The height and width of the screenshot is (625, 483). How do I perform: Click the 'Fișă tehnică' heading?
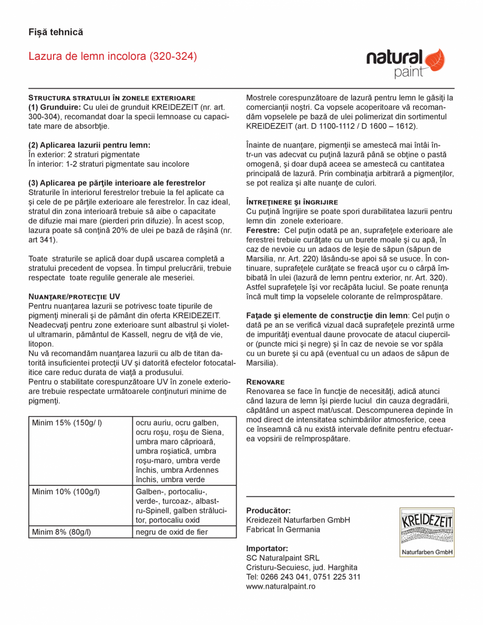tap(56, 32)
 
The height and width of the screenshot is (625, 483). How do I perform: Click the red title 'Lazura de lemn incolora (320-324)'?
tap(112, 56)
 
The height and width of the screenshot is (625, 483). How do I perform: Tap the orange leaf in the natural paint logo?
tap(434, 59)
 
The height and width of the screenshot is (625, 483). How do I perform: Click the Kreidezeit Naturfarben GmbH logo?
tap(426, 532)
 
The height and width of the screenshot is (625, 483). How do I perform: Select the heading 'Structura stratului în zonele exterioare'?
tap(111, 98)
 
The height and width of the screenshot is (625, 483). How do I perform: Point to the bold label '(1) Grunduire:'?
tap(54, 107)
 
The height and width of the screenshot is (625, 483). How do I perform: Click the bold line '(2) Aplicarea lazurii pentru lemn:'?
tap(89, 145)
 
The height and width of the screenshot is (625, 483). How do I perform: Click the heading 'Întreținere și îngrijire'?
tap(292, 202)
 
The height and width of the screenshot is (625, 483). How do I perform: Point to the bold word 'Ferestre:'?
tap(263, 231)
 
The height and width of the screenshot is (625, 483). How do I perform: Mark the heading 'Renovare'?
tap(265, 382)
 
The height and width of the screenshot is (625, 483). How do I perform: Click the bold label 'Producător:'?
tap(268, 511)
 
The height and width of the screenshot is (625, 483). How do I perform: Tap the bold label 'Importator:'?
tap(267, 548)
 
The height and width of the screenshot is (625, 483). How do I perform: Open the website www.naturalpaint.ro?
tap(281, 586)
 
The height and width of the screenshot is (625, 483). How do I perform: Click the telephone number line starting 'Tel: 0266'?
tap(303, 577)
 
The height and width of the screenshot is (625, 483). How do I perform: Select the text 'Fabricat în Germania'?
tap(283, 529)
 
